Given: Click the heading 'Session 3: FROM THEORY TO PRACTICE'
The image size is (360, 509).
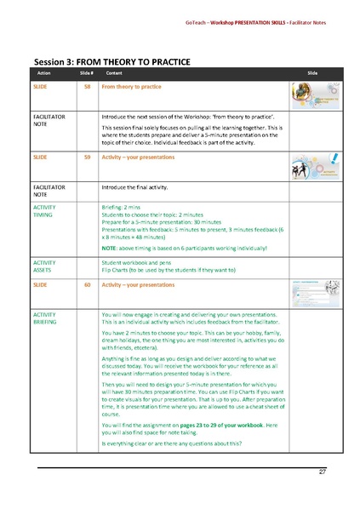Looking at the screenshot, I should (111, 62).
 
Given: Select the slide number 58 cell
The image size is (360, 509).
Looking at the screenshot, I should (88, 87).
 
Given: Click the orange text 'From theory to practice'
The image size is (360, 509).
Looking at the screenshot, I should (131, 87).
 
